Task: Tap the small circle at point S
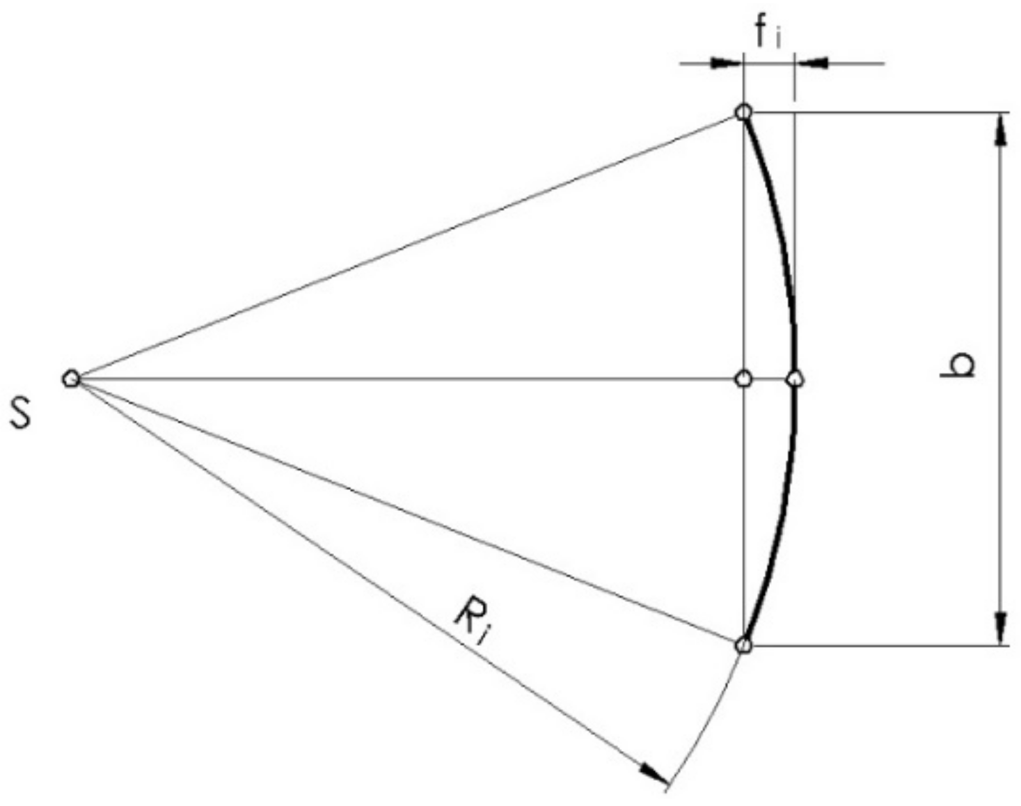(70, 379)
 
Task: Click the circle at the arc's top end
(743, 112)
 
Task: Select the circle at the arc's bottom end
(743, 646)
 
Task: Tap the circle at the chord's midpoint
(743, 379)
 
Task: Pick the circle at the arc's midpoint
(795, 379)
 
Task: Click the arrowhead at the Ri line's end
(655, 773)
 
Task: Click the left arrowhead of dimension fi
(725, 63)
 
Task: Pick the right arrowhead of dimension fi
(812, 63)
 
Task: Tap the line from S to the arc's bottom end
(404, 512)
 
